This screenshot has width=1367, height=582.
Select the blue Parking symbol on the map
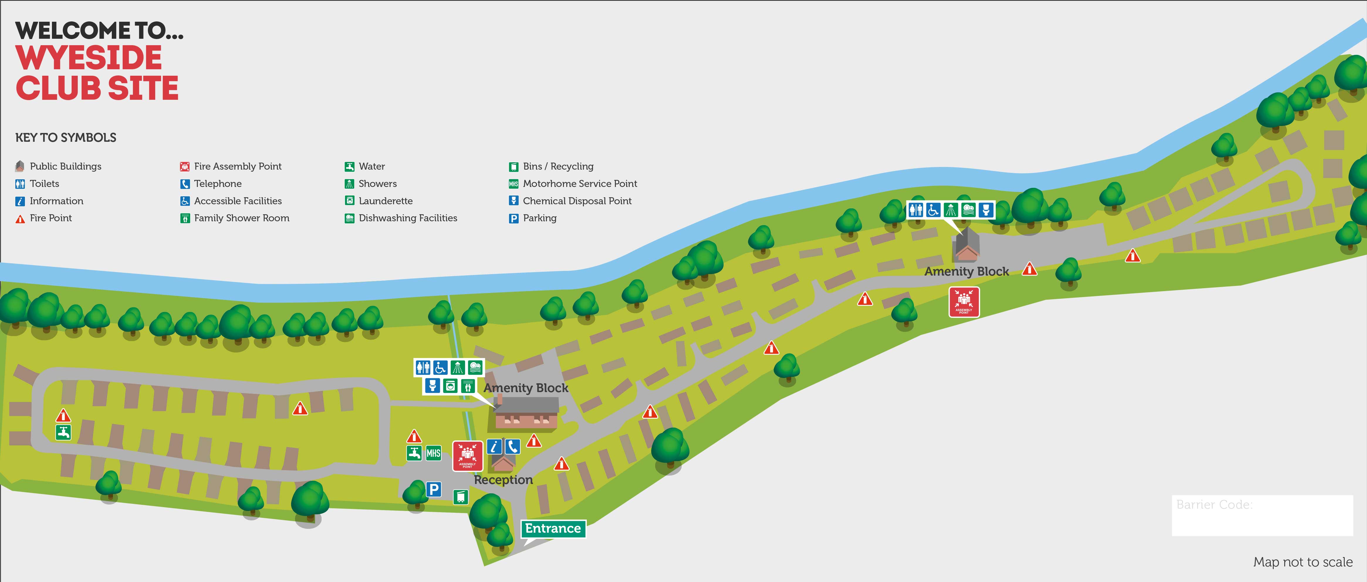[434, 489]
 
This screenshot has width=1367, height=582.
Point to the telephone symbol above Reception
[512, 447]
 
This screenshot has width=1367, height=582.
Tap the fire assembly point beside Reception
[467, 456]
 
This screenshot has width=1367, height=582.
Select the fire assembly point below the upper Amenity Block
[964, 302]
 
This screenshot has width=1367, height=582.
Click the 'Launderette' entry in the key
[385, 201]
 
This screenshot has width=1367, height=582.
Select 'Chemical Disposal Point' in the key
[577, 201]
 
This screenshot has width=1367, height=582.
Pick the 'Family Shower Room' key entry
[241, 218]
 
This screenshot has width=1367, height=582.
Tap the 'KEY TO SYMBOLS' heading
[66, 138]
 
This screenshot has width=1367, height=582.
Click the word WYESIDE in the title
[89, 58]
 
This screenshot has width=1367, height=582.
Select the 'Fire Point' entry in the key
[50, 218]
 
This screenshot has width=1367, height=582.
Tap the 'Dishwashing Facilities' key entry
[408, 218]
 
